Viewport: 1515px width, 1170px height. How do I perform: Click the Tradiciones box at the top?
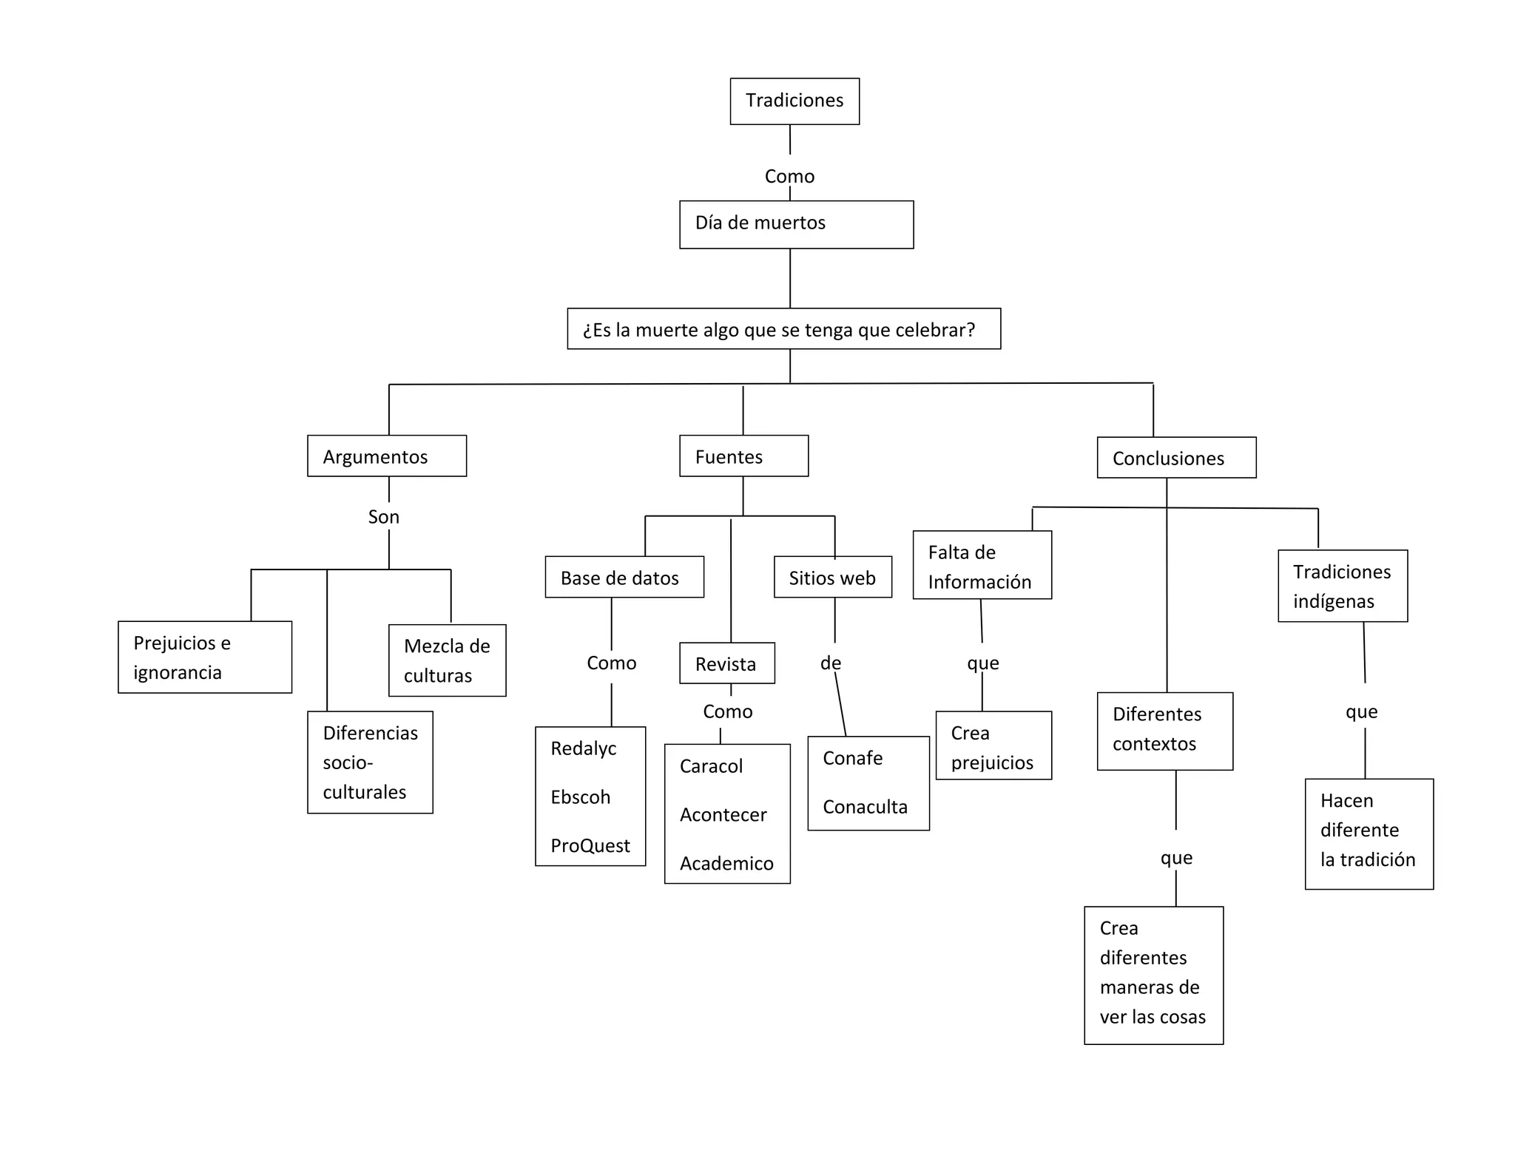point(794,101)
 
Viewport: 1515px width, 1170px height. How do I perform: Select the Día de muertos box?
point(796,224)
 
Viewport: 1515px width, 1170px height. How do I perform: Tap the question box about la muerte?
point(783,329)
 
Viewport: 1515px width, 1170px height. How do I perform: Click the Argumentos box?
point(387,456)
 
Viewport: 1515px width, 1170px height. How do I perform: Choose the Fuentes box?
point(743,456)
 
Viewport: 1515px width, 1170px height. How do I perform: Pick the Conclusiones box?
point(1176,458)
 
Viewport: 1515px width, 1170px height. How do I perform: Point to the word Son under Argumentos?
point(384,517)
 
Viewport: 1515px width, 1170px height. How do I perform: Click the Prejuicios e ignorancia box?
point(205,657)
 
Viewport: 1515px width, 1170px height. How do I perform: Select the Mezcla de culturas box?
point(447,660)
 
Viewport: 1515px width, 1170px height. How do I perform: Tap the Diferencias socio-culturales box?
point(370,762)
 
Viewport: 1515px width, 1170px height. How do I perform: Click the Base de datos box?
point(624,577)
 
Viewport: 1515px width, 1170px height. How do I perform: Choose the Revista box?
point(727,663)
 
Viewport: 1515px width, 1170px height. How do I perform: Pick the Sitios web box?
point(833,577)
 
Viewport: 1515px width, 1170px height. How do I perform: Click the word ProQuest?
point(590,845)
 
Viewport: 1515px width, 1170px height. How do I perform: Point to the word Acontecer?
point(723,814)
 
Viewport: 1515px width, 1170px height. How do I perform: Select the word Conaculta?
point(866,806)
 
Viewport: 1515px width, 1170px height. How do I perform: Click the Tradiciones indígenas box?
point(1342,586)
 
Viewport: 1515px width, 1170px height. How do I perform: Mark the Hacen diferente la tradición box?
point(1369,833)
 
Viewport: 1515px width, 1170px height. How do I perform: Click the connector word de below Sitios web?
point(831,663)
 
